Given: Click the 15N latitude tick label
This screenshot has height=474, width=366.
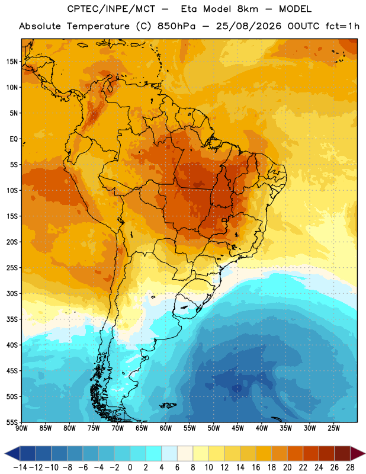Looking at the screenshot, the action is pyautogui.click(x=12, y=62).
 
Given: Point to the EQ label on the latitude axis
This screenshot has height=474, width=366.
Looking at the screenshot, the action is pyautogui.click(x=14, y=139).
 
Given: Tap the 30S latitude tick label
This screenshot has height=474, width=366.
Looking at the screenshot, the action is pyautogui.click(x=12, y=293).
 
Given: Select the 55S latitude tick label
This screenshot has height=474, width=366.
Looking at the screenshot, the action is pyautogui.click(x=12, y=422).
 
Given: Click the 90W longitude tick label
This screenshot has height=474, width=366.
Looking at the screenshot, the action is pyautogui.click(x=21, y=428).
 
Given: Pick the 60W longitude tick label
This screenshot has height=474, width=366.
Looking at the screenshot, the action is pyautogui.click(x=166, y=428).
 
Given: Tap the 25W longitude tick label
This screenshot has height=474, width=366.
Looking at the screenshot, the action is pyautogui.click(x=333, y=428).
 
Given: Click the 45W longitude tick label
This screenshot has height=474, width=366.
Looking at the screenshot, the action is pyautogui.click(x=237, y=428).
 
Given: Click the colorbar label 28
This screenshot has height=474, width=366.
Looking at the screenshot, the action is pyautogui.click(x=350, y=467).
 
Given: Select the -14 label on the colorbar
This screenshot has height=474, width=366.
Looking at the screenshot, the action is pyautogui.click(x=20, y=467).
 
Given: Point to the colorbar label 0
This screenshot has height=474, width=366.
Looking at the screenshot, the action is pyautogui.click(x=130, y=467).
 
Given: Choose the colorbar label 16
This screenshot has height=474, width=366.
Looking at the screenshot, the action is pyautogui.click(x=256, y=467).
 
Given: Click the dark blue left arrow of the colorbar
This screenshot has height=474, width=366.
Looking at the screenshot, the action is pyautogui.click(x=12, y=453).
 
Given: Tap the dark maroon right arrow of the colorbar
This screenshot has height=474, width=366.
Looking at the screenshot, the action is pyautogui.click(x=358, y=453).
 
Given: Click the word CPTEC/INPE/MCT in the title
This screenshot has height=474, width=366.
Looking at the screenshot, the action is pyautogui.click(x=111, y=9).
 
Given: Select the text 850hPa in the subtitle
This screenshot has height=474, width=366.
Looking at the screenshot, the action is pyautogui.click(x=176, y=26).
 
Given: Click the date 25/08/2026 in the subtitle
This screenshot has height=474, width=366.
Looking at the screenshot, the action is pyautogui.click(x=248, y=26).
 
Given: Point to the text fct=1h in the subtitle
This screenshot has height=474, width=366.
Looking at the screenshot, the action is pyautogui.click(x=342, y=26).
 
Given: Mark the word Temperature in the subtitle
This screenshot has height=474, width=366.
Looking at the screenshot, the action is pyautogui.click(x=98, y=26).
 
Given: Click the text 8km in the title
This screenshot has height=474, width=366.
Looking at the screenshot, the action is pyautogui.click(x=248, y=9).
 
